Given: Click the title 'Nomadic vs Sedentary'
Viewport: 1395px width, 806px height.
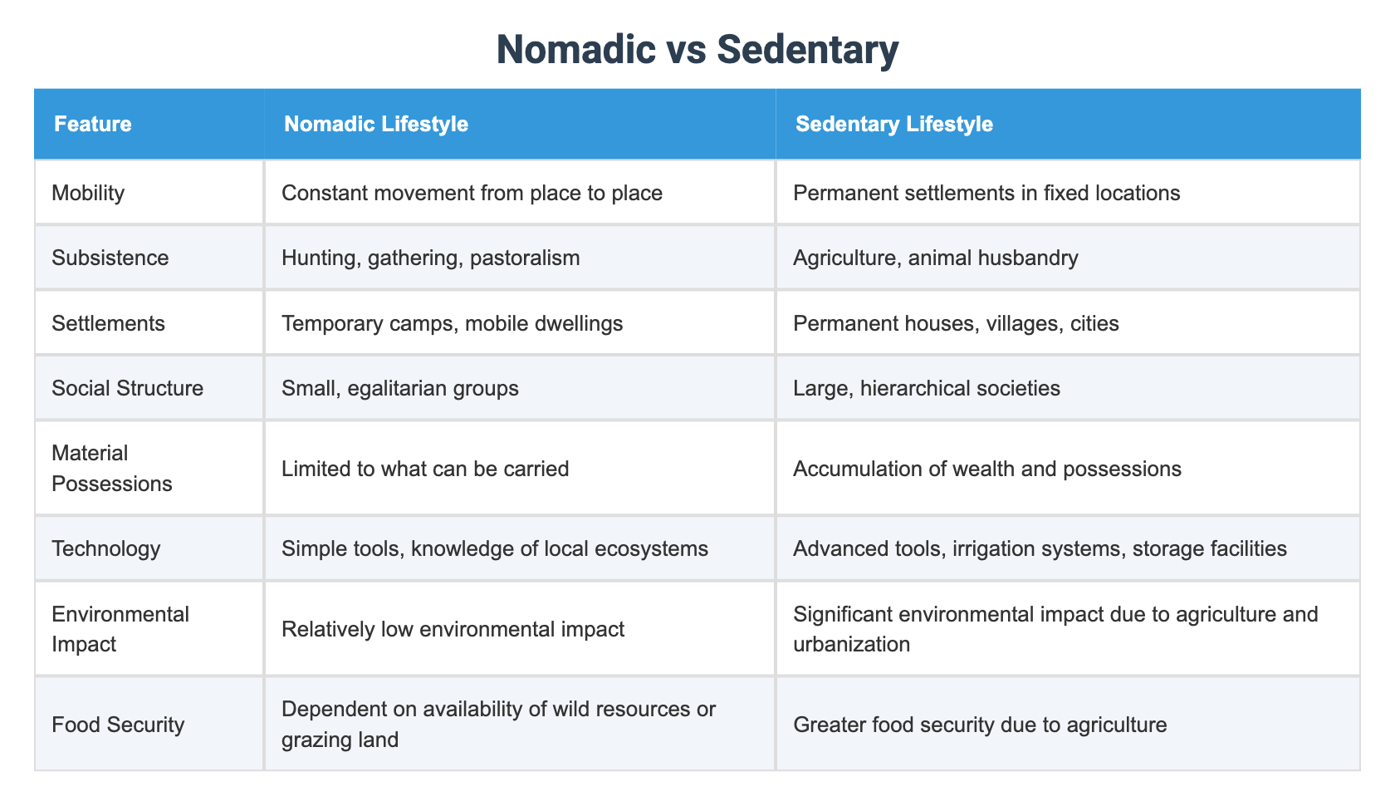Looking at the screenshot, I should coord(697,51).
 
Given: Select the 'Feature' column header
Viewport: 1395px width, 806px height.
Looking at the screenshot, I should coord(93,125).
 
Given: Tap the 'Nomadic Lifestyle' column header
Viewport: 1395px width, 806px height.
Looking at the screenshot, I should coord(376,125).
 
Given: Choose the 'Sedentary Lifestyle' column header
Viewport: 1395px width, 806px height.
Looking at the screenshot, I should coord(894,125).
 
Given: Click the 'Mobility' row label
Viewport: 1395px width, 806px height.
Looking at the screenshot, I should coord(88,194).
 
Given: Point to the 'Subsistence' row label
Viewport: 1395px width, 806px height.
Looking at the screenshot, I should coord(110,258).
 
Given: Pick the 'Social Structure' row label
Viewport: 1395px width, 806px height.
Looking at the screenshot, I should coord(127,388).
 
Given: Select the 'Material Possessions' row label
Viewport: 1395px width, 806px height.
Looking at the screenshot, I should coord(111,469).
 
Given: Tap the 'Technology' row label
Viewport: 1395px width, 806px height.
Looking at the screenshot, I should coord(105,548).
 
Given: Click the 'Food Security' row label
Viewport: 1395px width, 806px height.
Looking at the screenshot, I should coord(117,725).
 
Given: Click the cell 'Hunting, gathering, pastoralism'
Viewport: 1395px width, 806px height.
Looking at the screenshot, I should coord(431,258).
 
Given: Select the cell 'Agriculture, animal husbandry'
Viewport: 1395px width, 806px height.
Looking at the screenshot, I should coord(936,258).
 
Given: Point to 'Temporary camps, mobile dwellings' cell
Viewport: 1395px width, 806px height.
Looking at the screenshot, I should coord(453,323).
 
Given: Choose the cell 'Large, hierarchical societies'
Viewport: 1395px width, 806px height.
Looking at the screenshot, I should coord(927,388).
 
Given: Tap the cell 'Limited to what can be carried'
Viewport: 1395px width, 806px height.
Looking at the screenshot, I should coord(425,469).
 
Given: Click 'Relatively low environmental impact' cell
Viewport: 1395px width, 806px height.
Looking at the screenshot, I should coord(453,629).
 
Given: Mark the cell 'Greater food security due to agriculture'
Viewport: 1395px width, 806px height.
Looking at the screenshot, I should coord(980,725).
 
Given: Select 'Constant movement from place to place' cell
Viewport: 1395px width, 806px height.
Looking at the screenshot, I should coord(472,194).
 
